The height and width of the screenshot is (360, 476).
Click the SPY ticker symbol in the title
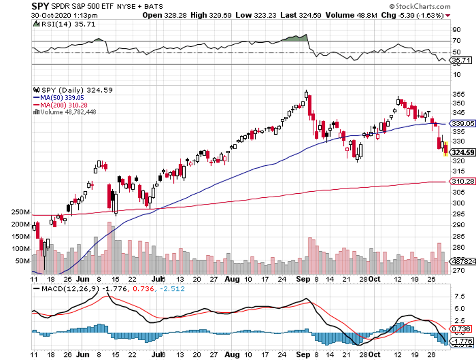(x=41, y=6)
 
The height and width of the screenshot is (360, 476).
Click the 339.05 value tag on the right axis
(x=463, y=123)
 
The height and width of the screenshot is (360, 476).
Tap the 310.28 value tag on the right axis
(x=463, y=181)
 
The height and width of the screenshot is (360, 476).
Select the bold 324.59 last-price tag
(x=463, y=152)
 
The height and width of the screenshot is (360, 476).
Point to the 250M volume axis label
(x=21, y=212)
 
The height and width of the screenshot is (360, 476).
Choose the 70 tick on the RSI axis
(x=456, y=41)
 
